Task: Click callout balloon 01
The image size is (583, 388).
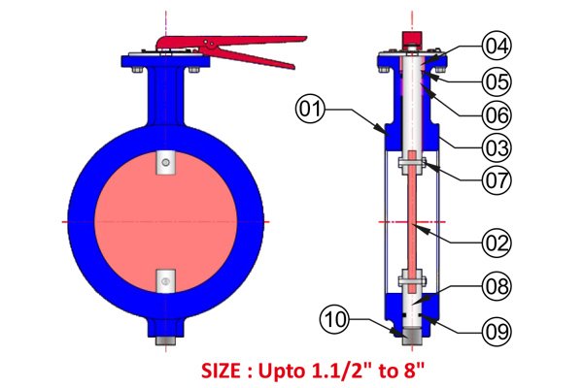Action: (x=310, y=110)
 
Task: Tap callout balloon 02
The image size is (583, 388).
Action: (x=497, y=243)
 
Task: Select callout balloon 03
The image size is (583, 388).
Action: (x=497, y=147)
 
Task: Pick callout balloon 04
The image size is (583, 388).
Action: (x=497, y=46)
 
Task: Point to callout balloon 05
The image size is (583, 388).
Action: (x=497, y=81)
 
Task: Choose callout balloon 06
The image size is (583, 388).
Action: (x=497, y=114)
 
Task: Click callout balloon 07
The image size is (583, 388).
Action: (x=497, y=180)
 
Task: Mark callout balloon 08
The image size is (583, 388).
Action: (x=497, y=286)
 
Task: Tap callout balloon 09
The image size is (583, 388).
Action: (x=497, y=331)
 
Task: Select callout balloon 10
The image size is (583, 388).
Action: (x=335, y=319)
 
